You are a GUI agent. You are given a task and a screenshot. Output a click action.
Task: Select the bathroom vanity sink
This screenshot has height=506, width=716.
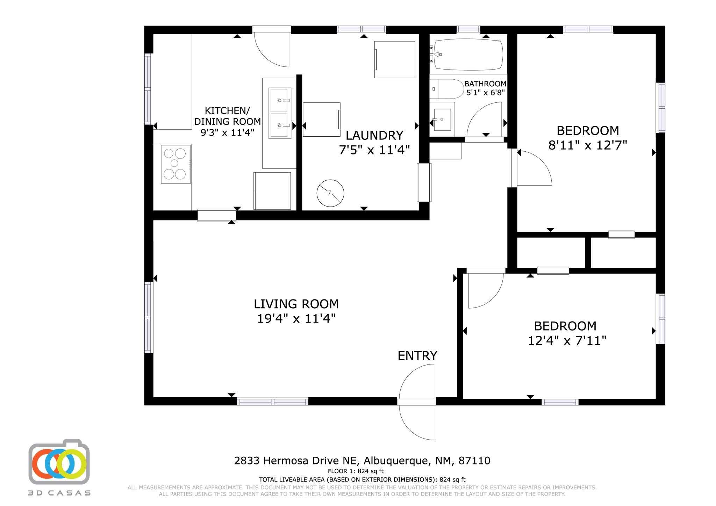coord(442,120)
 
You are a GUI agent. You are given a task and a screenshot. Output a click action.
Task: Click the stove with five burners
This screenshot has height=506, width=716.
coord(175,164)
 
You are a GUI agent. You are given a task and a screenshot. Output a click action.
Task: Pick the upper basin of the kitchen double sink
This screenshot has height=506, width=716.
coord(280,100)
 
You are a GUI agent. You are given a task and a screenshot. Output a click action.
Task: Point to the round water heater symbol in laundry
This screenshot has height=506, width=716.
coord(330,193)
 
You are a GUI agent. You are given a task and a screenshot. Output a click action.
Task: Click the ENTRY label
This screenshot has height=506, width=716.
coord(417,356)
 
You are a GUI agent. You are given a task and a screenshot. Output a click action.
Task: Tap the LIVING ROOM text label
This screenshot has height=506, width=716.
coord(296,304)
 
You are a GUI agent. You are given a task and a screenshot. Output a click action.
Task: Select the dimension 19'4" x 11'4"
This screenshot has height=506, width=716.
coord(296,319)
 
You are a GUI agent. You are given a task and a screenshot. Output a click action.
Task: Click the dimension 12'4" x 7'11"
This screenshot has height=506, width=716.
coord(566,340)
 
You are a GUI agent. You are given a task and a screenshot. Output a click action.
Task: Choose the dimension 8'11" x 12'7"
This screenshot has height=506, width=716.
coord(587,145)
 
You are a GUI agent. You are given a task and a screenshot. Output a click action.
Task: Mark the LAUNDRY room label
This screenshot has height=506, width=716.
coord(374,135)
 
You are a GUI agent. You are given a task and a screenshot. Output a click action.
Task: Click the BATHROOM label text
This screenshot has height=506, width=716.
coord(485,84)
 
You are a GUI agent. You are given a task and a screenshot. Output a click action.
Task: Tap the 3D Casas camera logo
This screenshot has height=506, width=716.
coord(59,462)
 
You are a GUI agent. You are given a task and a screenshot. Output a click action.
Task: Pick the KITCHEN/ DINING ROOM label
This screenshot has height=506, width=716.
coord(227,116)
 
